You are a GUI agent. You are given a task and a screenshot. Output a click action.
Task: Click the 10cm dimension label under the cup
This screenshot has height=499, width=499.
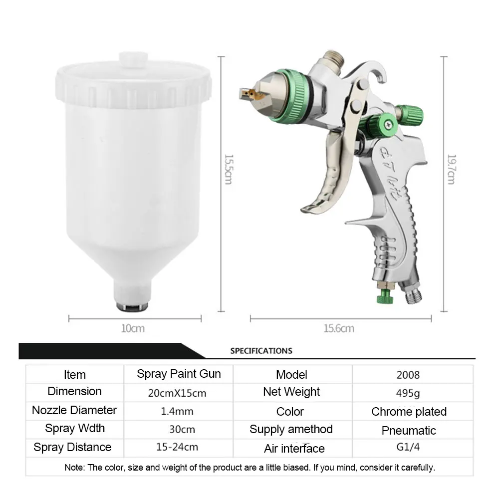(x=133, y=328)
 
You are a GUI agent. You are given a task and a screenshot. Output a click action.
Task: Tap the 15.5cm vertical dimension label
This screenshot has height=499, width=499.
(x=229, y=170)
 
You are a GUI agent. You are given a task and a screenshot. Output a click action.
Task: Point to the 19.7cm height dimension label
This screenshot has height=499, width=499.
(x=451, y=170)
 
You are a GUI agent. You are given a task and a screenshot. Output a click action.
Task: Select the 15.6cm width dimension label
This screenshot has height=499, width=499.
(x=339, y=328)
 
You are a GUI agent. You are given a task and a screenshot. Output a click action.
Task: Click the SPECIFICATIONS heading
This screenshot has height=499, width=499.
(x=261, y=351)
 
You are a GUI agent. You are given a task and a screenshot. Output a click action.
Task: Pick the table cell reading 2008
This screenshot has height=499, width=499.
(x=408, y=375)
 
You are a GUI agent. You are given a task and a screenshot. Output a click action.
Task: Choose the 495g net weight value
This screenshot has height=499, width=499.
(x=408, y=393)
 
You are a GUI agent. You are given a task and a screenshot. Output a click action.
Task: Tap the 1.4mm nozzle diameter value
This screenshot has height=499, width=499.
(x=177, y=411)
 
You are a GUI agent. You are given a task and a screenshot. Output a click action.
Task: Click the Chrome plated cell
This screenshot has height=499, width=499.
(x=409, y=412)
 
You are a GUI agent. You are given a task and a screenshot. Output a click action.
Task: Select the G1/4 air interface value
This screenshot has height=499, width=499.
(x=408, y=447)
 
